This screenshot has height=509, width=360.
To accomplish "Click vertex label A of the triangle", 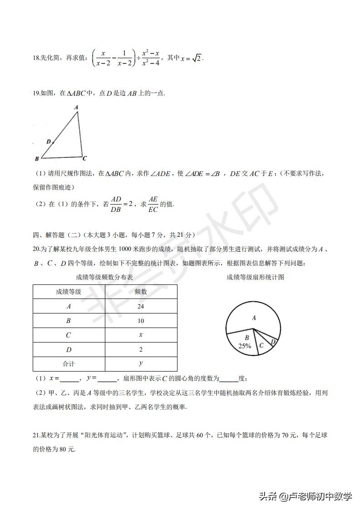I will (76, 108).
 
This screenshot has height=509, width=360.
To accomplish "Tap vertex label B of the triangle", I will (36, 159).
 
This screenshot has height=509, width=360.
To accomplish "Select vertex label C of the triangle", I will (84, 158).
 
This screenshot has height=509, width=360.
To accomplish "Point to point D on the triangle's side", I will (53, 142).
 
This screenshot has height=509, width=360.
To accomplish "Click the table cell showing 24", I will (141, 306).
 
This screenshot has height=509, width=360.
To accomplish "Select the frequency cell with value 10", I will (141, 321).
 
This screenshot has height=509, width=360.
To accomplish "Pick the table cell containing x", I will (141, 335).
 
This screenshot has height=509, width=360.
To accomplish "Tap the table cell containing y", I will (141, 364).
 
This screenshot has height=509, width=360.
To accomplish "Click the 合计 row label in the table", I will (69, 364).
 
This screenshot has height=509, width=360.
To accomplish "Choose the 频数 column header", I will (141, 292).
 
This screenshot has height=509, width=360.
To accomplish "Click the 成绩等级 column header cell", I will (69, 292).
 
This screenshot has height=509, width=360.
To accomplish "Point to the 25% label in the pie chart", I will (245, 346).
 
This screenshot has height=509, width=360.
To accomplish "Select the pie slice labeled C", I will (261, 345).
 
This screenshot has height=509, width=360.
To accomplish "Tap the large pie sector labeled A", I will (254, 318).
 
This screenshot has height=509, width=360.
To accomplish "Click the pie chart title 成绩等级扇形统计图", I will (255, 277).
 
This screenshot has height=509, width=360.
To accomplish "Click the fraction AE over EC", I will (153, 204).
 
